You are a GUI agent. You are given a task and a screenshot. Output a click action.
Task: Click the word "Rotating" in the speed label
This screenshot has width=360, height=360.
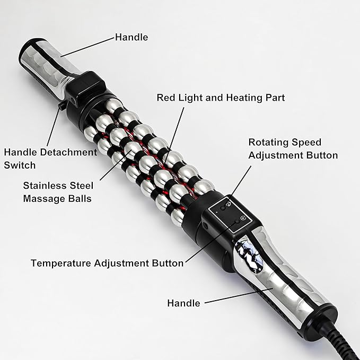pos(266,143)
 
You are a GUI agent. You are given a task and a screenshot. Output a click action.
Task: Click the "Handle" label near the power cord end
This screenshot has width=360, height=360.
pos(183,303)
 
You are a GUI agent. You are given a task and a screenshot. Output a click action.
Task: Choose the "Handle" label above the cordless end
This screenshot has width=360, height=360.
pos(131,37)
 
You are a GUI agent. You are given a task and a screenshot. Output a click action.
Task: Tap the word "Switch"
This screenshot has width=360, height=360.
pos(20,165)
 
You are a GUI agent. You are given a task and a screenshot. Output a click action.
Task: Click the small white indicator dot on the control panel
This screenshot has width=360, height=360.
pos(217,213)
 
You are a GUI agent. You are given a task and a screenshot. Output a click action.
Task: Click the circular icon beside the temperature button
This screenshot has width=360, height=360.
pos(243,218)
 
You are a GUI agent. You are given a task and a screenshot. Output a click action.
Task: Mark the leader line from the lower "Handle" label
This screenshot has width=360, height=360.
pos(239,295)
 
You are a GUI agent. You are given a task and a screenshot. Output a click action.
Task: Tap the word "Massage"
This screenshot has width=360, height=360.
pos(45,199)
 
